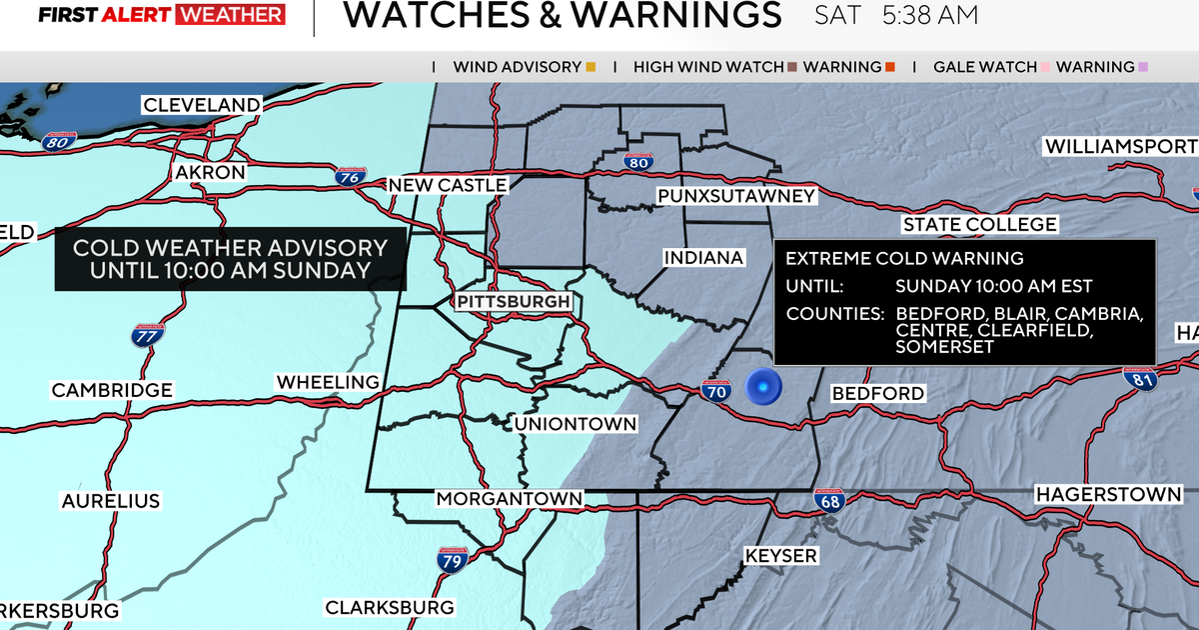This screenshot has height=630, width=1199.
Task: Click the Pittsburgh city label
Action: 514,301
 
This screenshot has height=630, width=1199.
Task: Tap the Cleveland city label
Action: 202,105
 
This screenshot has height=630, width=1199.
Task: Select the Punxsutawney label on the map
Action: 736,196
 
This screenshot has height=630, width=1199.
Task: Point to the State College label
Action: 979,224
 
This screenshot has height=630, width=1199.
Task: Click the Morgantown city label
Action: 509,498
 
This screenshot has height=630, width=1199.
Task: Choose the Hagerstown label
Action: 1108,494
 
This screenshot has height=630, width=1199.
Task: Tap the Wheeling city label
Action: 328,382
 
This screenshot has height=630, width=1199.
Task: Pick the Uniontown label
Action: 576,424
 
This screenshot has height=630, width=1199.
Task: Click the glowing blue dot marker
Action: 763,386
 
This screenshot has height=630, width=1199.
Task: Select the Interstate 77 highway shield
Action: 146,336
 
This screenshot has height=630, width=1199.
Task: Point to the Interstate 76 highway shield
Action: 349,178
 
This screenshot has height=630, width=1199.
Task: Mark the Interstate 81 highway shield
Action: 1145,379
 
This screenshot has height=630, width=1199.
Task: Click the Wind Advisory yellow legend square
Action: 591,68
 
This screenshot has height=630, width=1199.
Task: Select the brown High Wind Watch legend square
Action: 792,68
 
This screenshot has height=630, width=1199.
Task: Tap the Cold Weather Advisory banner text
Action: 230,259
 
